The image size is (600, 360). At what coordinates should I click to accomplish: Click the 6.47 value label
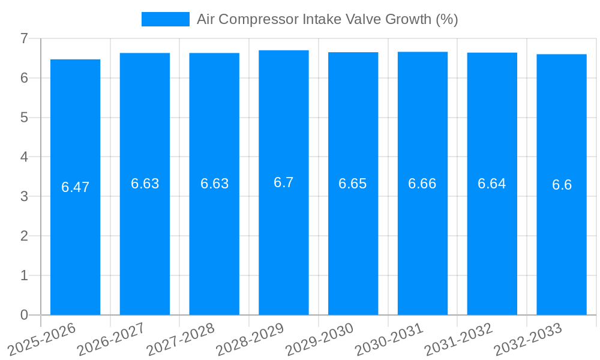pyautogui.click(x=75, y=187)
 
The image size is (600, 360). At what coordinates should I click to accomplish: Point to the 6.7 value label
pyautogui.click(x=284, y=182)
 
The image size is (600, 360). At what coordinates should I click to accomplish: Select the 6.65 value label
pyautogui.click(x=353, y=184)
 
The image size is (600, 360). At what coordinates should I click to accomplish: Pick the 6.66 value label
pyautogui.click(x=422, y=184)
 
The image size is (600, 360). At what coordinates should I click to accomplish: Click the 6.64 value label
pyautogui.click(x=492, y=184)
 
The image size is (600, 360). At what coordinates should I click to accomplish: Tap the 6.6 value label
pyautogui.click(x=562, y=185)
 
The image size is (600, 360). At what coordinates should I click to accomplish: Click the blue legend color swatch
pyautogui.click(x=165, y=19)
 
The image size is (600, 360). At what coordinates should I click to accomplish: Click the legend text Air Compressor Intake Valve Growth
pyautogui.click(x=327, y=19)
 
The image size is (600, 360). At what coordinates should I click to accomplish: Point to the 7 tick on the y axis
pyautogui.click(x=24, y=38)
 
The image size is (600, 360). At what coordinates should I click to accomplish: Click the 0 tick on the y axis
pyautogui.click(x=24, y=315)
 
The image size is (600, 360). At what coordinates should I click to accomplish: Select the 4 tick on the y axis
pyautogui.click(x=24, y=157)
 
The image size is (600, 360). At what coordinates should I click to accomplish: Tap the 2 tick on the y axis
pyautogui.click(x=24, y=236)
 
